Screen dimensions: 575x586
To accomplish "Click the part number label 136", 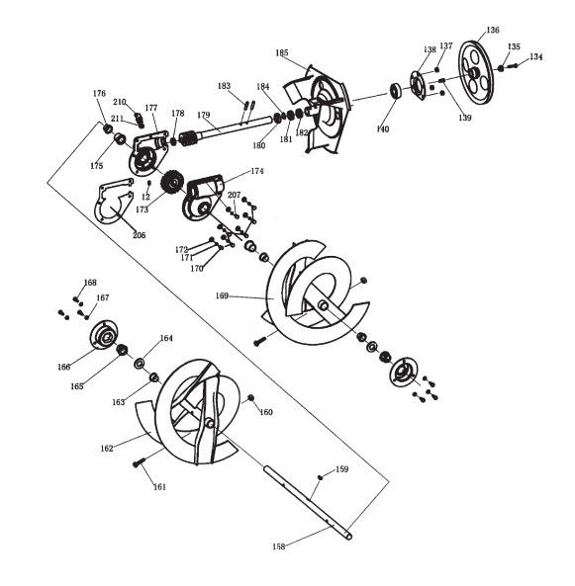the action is (493, 30).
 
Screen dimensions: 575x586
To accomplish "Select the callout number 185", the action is (282, 52).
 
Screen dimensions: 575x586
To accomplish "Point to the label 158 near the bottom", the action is (279, 546).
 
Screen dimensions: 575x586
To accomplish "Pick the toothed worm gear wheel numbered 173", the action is (172, 183).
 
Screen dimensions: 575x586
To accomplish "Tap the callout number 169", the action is (222, 295).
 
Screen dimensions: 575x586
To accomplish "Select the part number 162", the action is (107, 448).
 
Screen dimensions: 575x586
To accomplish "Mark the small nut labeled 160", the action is (251, 397).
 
